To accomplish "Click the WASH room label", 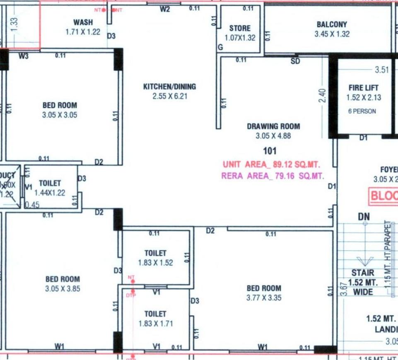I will (83, 22).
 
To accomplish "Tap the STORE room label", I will (240, 28).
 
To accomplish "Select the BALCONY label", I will (332, 25).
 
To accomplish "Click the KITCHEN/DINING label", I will (169, 87).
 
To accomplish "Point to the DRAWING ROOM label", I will (273, 126).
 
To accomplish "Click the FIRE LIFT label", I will (364, 88).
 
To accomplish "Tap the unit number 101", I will (270, 151).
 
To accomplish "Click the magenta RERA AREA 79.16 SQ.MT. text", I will (273, 176).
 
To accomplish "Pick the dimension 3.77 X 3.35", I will (264, 298).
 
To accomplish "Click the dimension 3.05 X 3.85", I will (62, 289).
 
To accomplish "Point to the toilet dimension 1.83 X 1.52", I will (155, 263).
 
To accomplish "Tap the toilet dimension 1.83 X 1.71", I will (155, 324).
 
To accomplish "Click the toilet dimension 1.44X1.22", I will (50, 193).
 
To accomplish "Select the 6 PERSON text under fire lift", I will (362, 111).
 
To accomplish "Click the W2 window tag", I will (165, 10).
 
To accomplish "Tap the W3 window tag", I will (24, 56).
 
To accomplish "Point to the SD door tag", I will (295, 62).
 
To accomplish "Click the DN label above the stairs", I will (364, 217).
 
